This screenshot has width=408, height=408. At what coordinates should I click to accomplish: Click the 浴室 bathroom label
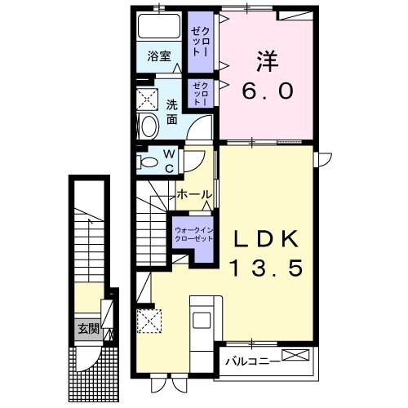click(x=158, y=57)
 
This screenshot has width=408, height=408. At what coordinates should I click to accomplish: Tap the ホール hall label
click(x=194, y=196)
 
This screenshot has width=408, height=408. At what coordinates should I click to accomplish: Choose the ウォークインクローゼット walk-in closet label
click(x=193, y=235)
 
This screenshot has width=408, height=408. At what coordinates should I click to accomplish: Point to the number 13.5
click(x=268, y=267)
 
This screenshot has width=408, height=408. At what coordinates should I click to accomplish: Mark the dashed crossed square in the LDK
click(x=149, y=319)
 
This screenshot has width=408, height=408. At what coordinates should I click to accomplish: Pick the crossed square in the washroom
click(x=149, y=100)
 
